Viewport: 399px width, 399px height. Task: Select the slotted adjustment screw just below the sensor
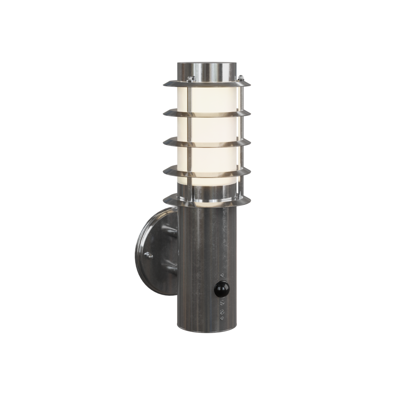point(222,303)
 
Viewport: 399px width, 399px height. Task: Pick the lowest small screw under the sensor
point(222,318)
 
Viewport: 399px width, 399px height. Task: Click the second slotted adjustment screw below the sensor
point(222,311)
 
